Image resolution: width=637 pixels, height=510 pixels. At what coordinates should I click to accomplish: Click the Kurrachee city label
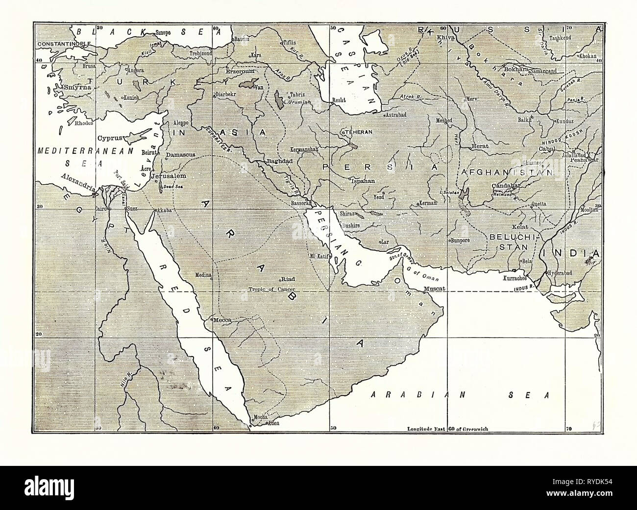(x=514, y=278)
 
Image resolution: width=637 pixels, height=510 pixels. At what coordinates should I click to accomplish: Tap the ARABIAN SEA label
(x=458, y=394)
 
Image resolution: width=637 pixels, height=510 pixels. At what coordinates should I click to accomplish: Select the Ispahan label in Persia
(x=363, y=181)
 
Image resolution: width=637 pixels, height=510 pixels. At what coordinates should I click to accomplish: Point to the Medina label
(x=203, y=275)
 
